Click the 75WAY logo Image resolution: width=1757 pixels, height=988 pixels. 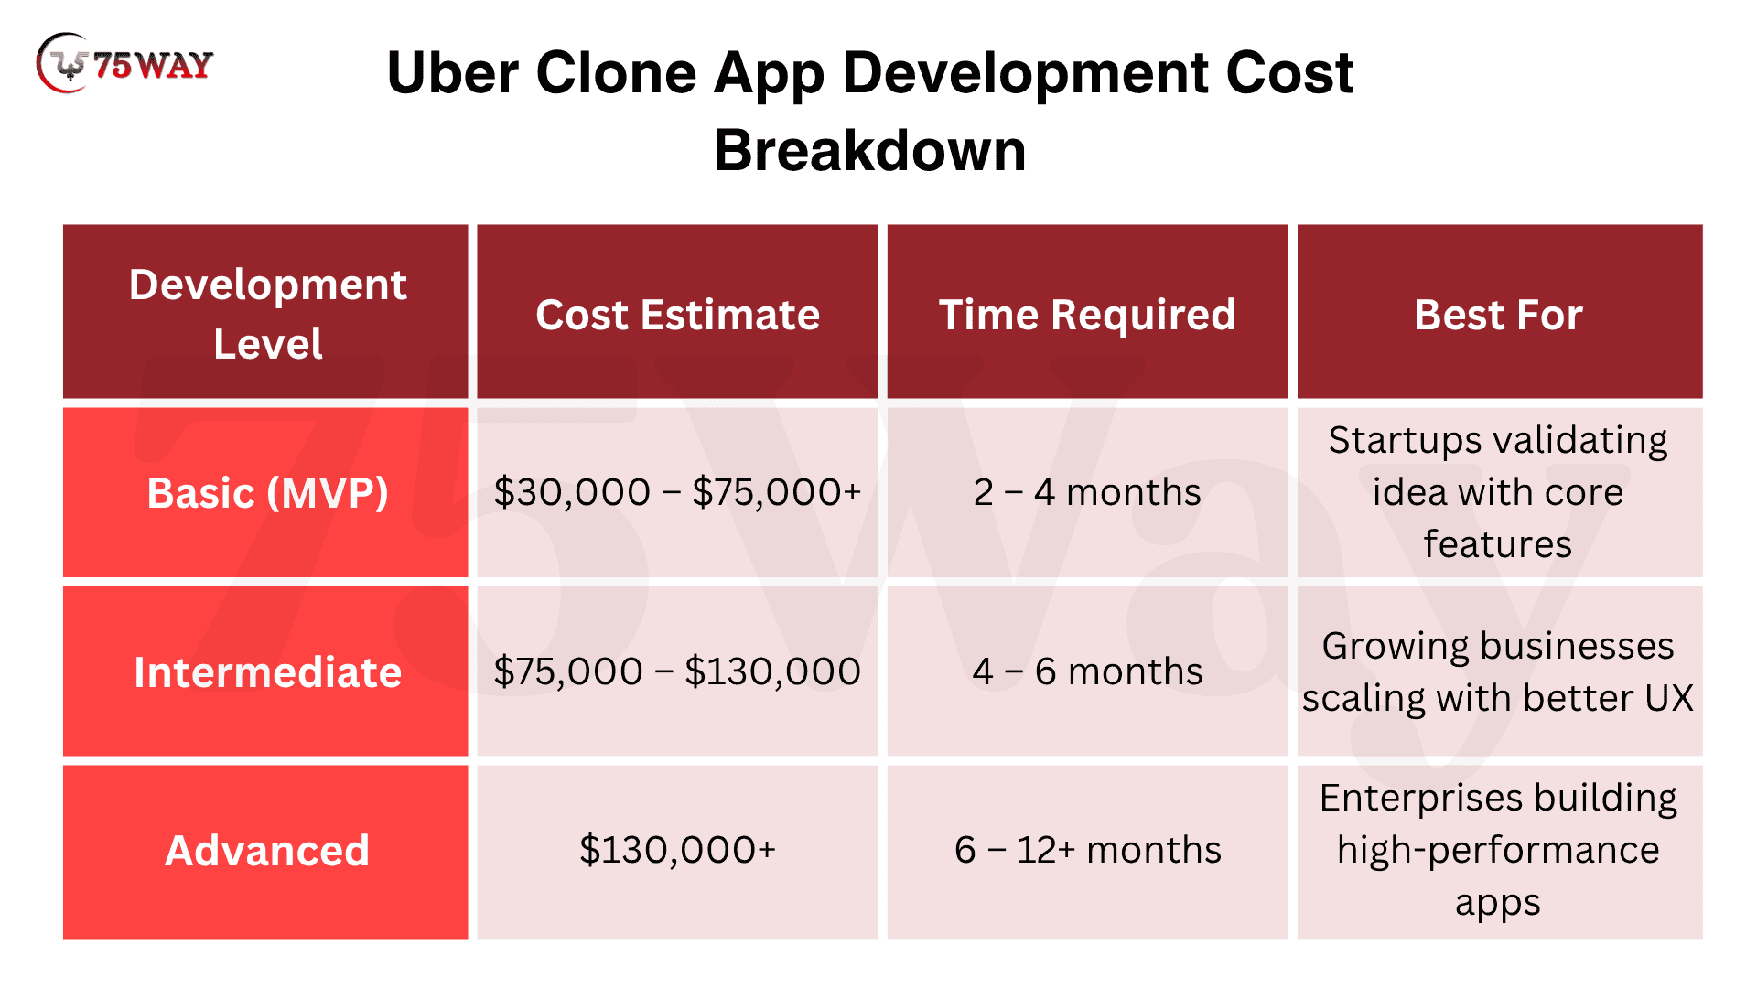tap(124, 63)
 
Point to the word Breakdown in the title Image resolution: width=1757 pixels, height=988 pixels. tap(869, 150)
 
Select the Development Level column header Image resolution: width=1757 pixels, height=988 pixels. tap(267, 314)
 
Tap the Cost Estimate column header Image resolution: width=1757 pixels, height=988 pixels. tap(677, 315)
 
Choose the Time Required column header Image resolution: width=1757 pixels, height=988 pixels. tap(1087, 315)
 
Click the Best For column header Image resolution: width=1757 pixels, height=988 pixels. tap(1498, 315)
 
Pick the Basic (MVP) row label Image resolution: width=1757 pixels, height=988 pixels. tap(267, 493)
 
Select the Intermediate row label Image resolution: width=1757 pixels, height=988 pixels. tap(267, 672)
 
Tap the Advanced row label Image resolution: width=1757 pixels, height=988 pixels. tap(267, 851)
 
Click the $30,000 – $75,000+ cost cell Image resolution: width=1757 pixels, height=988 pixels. tap(677, 492)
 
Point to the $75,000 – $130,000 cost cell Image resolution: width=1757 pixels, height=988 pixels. tap(677, 671)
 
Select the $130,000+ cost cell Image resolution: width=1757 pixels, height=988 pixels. tap(677, 850)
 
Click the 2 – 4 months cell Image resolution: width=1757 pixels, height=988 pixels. tap(1087, 492)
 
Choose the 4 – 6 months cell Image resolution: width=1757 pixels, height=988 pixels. tap(1087, 671)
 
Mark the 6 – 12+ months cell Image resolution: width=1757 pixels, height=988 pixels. tap(1087, 850)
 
